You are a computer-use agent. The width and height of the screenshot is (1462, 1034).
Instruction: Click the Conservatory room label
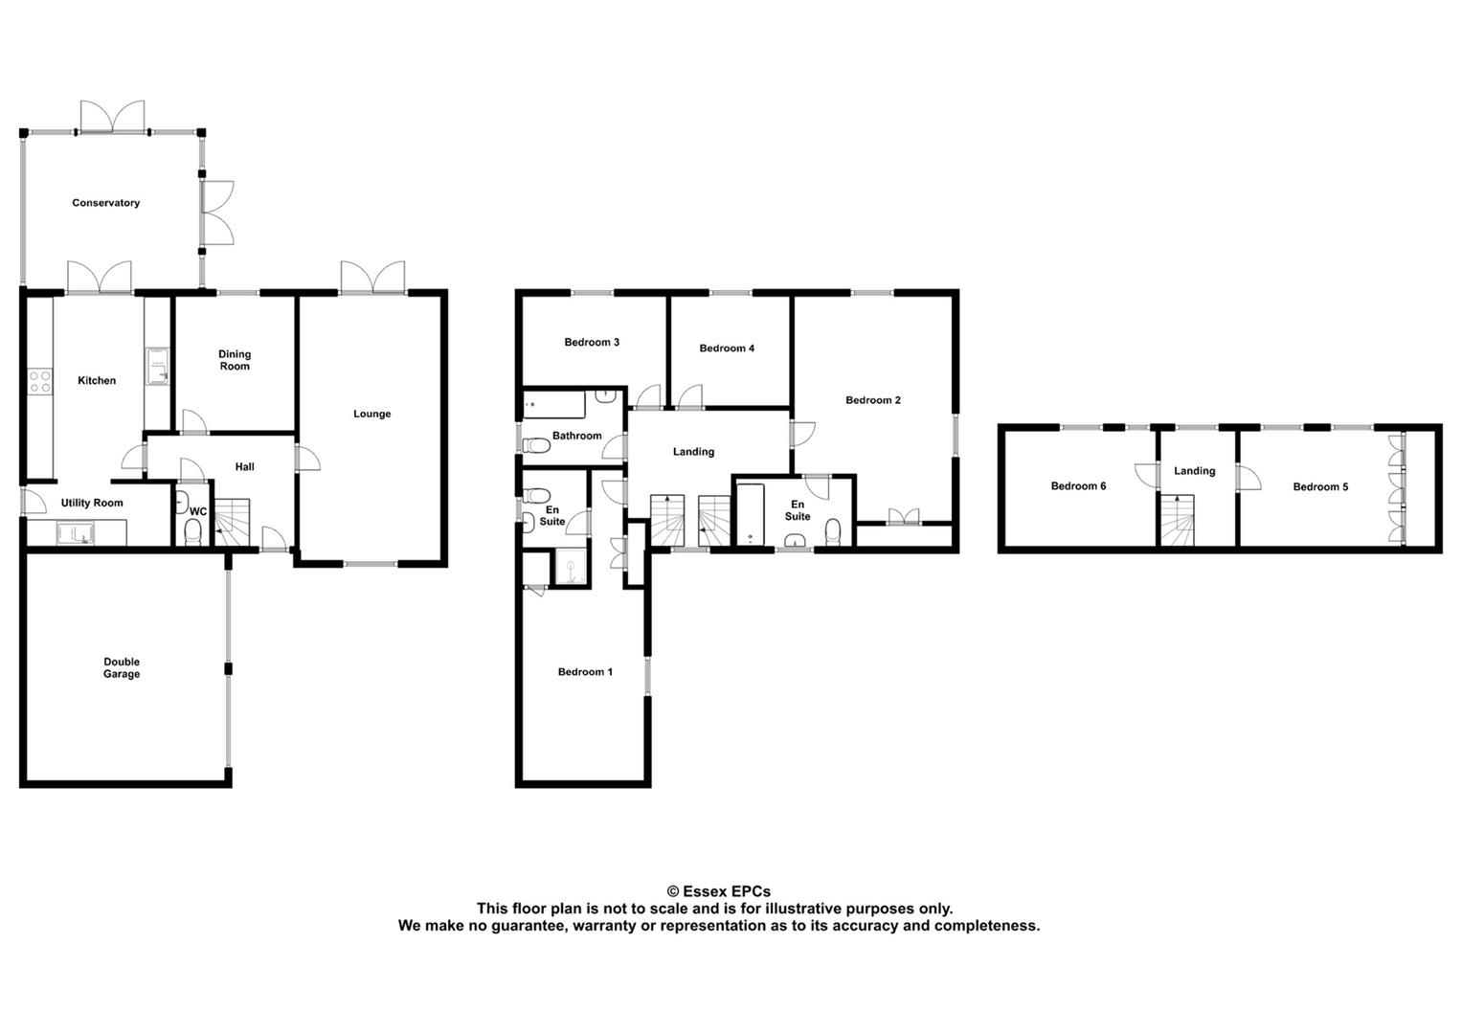pyautogui.click(x=105, y=203)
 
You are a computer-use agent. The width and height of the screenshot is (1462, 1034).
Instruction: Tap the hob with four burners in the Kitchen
pyautogui.click(x=39, y=381)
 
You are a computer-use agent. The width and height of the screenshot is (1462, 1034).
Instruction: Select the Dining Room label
pyautogui.click(x=235, y=360)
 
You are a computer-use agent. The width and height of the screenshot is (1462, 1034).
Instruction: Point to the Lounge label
pyautogui.click(x=371, y=414)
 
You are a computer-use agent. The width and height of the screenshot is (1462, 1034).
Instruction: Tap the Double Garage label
pyautogui.click(x=122, y=667)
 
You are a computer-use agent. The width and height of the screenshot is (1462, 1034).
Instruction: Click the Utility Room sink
pyautogui.click(x=73, y=532)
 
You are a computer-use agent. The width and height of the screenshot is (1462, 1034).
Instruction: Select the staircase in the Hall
pyautogui.click(x=231, y=523)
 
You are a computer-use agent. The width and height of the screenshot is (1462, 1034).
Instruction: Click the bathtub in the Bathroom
pyautogui.click(x=554, y=405)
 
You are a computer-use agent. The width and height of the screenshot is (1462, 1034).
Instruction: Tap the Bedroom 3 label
pyautogui.click(x=591, y=342)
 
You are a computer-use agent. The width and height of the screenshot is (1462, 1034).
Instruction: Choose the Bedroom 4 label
pyautogui.click(x=727, y=348)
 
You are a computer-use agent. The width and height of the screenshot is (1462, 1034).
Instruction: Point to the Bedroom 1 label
pyautogui.click(x=585, y=672)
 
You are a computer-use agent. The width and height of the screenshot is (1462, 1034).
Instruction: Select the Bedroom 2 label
pyautogui.click(x=872, y=400)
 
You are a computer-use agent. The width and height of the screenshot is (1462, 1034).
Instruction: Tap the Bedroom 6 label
pyautogui.click(x=1078, y=486)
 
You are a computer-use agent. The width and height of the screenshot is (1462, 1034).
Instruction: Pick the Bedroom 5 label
pyautogui.click(x=1320, y=486)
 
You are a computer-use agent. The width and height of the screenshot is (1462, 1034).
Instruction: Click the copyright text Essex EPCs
pyautogui.click(x=718, y=891)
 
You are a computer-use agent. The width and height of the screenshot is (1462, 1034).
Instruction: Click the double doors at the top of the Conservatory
pyautogui.click(x=112, y=117)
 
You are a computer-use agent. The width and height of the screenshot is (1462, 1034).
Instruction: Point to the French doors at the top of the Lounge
pyautogui.click(x=371, y=277)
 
